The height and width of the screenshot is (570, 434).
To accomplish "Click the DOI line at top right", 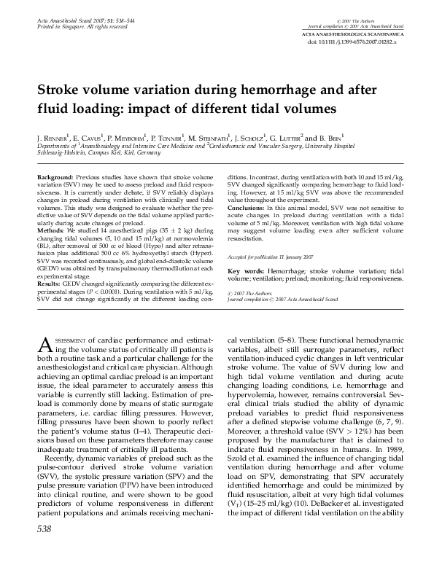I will click(x=360, y=43).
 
